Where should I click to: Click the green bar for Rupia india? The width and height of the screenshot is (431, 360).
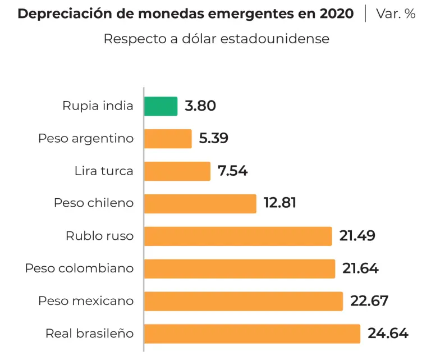tap(161, 106)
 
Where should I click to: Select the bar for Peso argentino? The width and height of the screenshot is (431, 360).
tap(168, 139)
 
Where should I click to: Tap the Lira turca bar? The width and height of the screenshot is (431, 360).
tap(177, 171)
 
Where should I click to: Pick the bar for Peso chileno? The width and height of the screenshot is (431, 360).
tap(200, 203)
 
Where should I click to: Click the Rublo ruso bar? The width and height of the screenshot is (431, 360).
tap(238, 236)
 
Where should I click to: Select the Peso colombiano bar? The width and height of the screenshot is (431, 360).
tap(240, 268)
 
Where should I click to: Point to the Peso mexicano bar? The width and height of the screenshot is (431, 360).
tap(244, 301)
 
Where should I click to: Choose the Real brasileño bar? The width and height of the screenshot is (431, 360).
tap(252, 334)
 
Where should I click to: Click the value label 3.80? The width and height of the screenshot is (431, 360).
tap(200, 106)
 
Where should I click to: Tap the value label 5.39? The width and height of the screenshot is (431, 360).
tap(213, 139)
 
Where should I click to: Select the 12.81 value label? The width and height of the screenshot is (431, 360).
tap(279, 203)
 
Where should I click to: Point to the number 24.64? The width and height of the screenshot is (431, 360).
tap(388, 334)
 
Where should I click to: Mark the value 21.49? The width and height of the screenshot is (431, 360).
tap(357, 236)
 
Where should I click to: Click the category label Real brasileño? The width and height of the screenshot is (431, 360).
tap(90, 334)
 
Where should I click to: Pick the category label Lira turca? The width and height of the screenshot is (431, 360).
tap(104, 171)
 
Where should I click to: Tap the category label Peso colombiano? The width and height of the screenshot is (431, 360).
tap(79, 268)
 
